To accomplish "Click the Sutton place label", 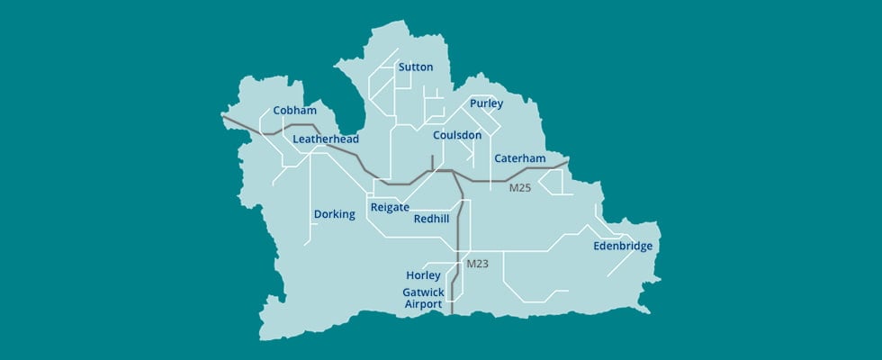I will point(416,67).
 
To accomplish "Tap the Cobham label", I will point(295,111).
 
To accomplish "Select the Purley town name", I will point(486,104).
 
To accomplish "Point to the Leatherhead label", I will point(326,139).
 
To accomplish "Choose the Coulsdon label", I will point(457,135).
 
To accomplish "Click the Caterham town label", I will point(520,158).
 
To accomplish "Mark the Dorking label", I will point(335,214).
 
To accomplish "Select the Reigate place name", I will point(390,208).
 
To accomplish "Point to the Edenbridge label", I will point(623,246).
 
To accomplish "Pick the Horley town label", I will point(423,275).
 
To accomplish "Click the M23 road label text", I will point(477,264).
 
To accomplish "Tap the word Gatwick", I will point(423,292).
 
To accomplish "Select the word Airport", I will point(422,305).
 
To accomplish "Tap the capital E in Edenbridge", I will point(597,246).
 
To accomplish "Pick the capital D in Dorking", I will point(318,214).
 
